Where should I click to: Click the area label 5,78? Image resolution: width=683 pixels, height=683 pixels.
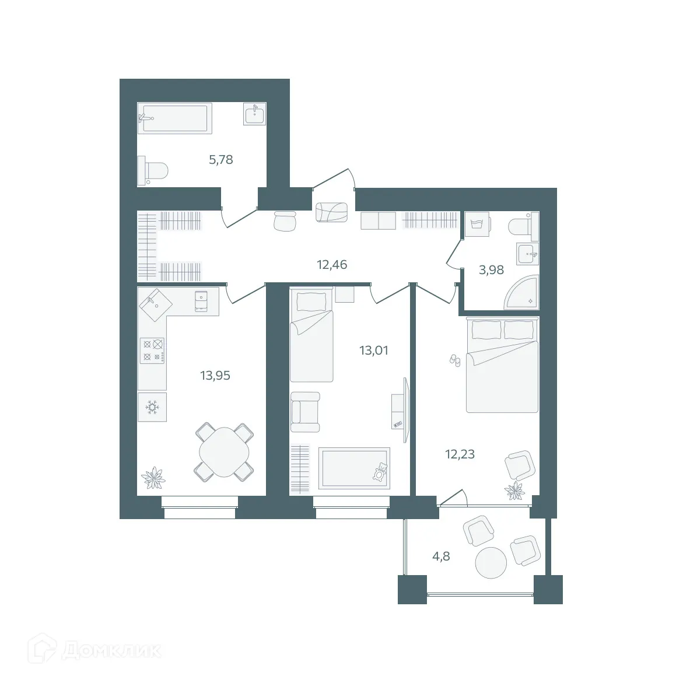click(x=221, y=159)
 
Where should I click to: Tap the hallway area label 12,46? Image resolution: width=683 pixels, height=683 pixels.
click(x=332, y=265)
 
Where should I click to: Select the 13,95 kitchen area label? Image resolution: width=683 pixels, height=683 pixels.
click(x=215, y=376)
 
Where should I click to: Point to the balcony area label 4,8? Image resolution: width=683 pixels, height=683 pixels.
click(x=441, y=556)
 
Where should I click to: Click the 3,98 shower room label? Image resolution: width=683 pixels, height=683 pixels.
click(x=491, y=269)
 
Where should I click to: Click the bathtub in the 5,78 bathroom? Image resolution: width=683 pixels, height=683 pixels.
click(x=173, y=118)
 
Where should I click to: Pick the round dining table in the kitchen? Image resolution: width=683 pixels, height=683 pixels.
click(x=224, y=452)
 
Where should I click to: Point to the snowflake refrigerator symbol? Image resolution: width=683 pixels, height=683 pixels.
click(x=152, y=407)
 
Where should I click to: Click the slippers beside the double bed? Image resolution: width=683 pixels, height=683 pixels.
click(x=455, y=360)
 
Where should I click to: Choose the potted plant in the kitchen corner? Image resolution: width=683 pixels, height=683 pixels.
click(x=153, y=477)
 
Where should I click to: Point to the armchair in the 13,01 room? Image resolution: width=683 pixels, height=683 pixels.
click(x=305, y=411)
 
